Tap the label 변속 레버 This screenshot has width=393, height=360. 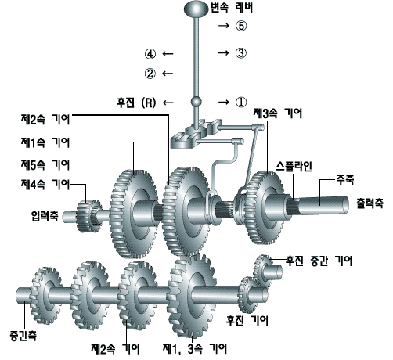point(232,8)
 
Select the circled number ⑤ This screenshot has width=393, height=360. point(240,26)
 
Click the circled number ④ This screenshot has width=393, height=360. point(150,54)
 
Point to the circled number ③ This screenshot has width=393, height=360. point(240,53)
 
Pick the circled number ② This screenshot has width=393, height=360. point(150,74)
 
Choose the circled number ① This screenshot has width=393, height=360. point(240,102)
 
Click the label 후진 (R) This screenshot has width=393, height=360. point(136,103)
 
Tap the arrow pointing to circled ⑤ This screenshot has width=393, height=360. point(224,26)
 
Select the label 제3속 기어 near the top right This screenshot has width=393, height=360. point(278,113)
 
